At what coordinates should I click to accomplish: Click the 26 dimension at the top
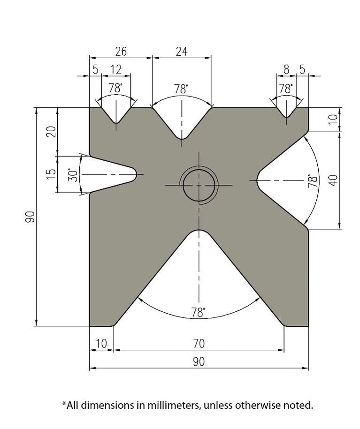tap(121, 52)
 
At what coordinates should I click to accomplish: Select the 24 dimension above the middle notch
tap(182, 52)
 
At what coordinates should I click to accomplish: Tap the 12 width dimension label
tap(115, 70)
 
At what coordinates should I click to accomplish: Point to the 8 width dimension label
tap(286, 70)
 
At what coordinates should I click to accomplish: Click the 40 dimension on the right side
tap(333, 181)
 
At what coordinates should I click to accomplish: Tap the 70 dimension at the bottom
tap(199, 344)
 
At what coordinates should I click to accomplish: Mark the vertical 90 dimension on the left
tap(30, 217)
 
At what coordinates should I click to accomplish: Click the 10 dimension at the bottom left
tap(101, 344)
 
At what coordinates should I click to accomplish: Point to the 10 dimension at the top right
tap(333, 119)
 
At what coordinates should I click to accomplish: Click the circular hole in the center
tap(199, 185)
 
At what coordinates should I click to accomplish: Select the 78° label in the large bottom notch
tap(198, 312)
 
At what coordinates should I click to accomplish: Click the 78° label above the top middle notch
tap(181, 89)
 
